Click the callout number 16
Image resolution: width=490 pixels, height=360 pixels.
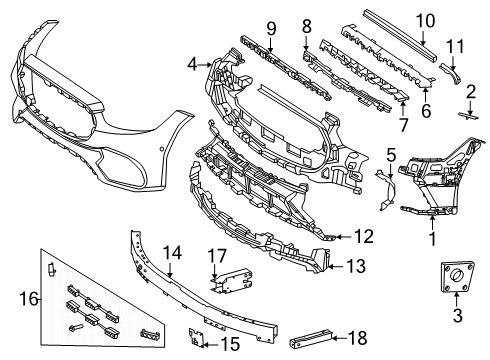(29, 298)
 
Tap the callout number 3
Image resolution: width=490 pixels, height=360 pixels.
(458, 315)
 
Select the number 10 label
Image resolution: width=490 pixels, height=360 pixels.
(425, 21)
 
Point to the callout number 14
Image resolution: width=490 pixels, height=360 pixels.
(172, 253)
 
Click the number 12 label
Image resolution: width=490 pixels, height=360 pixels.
(364, 236)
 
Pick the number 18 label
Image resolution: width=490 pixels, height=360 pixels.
(358, 338)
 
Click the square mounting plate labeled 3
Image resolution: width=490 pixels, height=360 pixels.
(456, 276)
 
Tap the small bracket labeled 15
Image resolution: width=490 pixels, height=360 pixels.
(197, 337)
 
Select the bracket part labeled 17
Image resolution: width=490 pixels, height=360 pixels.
(232, 280)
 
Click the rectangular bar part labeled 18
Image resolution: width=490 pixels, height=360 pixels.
(312, 339)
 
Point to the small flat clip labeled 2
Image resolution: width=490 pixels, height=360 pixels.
(468, 116)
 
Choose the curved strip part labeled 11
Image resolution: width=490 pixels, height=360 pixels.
(451, 71)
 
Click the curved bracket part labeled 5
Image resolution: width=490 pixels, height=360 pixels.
(387, 190)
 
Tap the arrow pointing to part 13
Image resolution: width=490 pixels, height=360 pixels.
(337, 266)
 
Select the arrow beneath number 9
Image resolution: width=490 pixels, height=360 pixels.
(270, 45)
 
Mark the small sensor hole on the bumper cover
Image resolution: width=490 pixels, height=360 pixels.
(161, 148)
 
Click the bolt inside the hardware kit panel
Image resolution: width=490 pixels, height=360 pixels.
(76, 328)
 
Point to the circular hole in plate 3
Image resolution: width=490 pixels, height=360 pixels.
(456, 275)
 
